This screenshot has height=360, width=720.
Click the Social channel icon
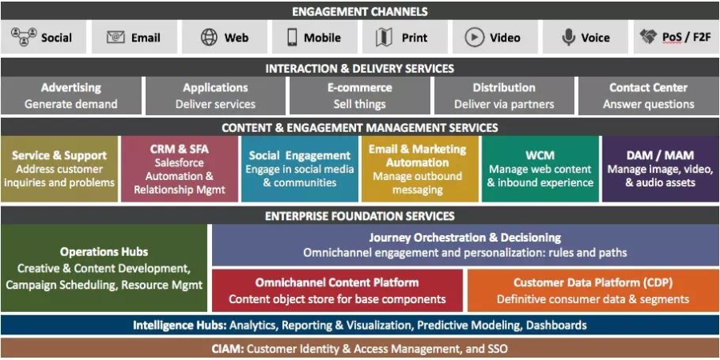point(23,37)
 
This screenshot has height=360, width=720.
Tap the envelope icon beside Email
point(116,37)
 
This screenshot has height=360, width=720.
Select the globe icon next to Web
point(209,37)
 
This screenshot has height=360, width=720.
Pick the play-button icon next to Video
point(474,37)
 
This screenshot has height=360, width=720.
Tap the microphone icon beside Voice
point(569,37)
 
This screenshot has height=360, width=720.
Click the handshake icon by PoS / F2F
point(648,37)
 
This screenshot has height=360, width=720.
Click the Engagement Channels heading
point(359,11)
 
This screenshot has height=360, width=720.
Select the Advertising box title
point(71,87)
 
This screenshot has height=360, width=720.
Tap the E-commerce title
point(359,87)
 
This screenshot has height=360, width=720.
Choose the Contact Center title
point(648,87)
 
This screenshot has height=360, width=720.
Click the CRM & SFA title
point(179,149)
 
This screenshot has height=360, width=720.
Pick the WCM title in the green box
point(540,155)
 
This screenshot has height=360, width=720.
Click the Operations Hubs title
point(103,252)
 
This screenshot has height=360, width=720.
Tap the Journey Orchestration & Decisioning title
point(465,237)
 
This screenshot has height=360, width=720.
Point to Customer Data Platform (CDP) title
point(593,282)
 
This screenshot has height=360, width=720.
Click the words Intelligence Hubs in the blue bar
point(179,326)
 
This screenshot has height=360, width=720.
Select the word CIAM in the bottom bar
point(228,349)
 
